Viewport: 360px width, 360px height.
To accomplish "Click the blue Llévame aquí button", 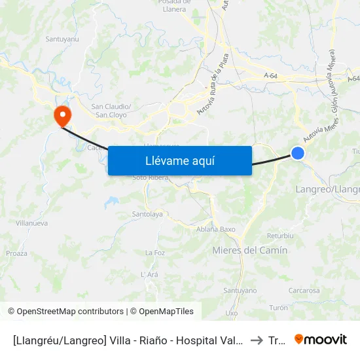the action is (x=179, y=160).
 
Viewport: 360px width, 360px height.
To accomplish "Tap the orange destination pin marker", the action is (x=63, y=117).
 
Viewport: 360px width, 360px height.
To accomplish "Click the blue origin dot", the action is (x=298, y=153).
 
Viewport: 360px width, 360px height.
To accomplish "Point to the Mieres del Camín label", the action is (x=250, y=250).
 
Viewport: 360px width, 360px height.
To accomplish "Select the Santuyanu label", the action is (x=62, y=39).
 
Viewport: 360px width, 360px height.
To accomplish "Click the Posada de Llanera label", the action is (x=173, y=6).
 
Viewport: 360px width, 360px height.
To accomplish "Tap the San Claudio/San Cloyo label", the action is (x=111, y=110).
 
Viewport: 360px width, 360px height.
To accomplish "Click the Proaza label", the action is (x=16, y=253).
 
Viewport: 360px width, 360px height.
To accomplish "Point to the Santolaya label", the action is (x=147, y=214).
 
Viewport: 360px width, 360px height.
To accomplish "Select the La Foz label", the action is (x=154, y=253).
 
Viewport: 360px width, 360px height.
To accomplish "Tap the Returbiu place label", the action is (x=281, y=236).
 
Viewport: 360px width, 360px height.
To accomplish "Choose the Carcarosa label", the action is (x=304, y=291).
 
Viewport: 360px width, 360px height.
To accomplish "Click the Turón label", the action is (x=278, y=307).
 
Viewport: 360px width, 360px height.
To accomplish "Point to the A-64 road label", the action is (x=272, y=77).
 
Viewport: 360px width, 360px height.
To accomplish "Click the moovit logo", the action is (x=321, y=339).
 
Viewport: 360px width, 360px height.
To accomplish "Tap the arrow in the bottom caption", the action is (x=257, y=340).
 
